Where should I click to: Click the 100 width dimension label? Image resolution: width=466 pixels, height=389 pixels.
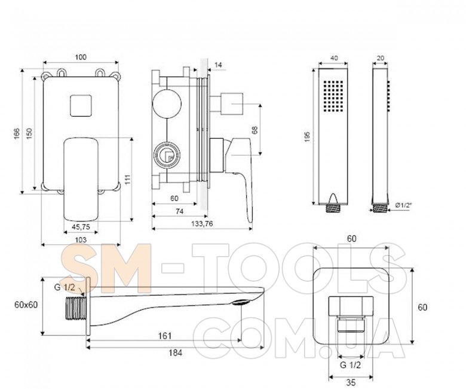tap(81, 57)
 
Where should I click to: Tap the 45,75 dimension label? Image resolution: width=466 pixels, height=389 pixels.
tap(81, 227)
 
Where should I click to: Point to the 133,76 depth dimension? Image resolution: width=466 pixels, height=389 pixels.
tap(202, 223)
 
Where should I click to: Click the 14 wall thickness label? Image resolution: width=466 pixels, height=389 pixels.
tap(219, 65)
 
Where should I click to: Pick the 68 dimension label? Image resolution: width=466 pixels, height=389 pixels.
tap(255, 130)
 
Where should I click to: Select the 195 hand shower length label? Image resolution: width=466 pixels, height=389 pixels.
tap(307, 136)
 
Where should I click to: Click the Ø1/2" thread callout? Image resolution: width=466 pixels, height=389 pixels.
tap(404, 205)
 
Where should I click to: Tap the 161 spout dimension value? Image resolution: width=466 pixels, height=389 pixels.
tap(165, 336)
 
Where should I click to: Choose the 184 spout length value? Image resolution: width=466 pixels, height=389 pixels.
tap(175, 353)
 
